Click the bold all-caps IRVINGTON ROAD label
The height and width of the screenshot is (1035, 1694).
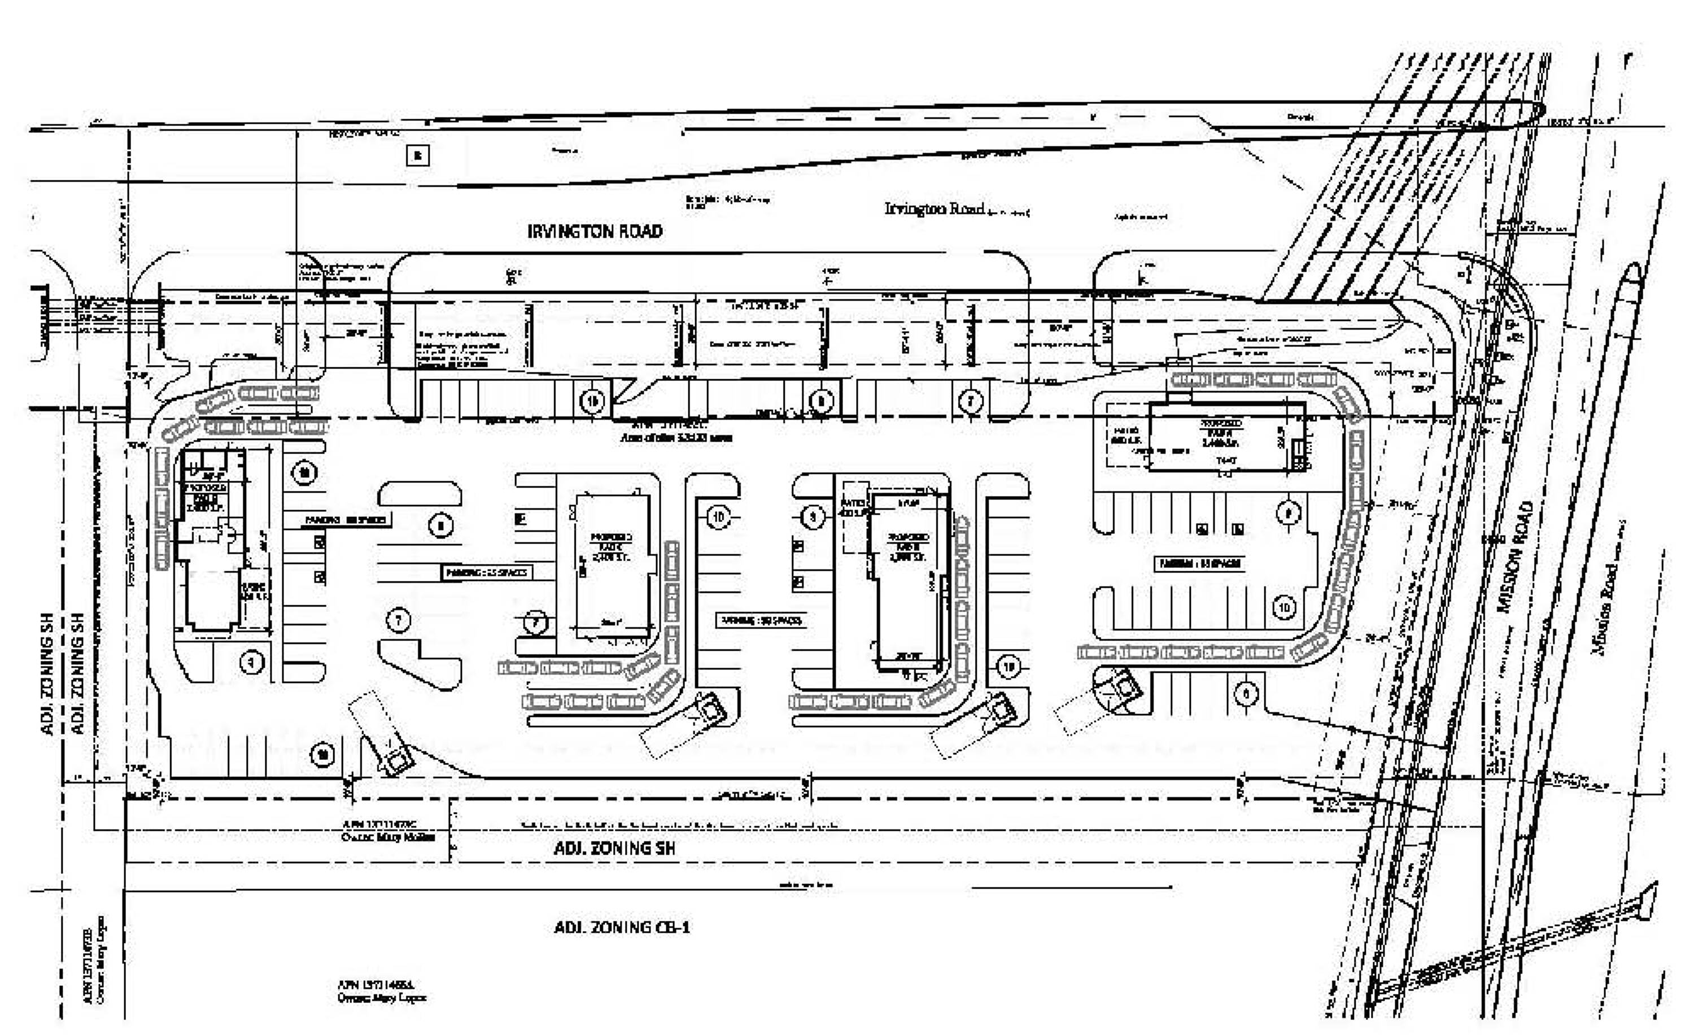pos(595,231)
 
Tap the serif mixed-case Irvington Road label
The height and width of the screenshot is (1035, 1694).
pos(935,208)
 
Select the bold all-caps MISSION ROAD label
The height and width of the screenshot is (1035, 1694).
pos(1517,557)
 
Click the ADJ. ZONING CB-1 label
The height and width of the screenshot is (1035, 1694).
pos(622,927)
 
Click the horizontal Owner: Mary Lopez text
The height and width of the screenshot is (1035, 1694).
pos(382,998)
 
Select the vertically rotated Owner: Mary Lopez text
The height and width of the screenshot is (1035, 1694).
pos(101,960)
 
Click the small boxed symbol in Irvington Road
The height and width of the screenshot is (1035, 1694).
pos(418,155)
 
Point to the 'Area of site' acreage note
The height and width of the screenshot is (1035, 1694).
pos(676,437)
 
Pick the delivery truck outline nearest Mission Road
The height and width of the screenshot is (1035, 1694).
pos(1117,691)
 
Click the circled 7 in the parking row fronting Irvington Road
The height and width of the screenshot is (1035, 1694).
pos(970,400)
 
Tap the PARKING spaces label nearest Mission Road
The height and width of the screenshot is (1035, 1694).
pos(1200,564)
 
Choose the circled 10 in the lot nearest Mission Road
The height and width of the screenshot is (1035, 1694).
pos(1284,607)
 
